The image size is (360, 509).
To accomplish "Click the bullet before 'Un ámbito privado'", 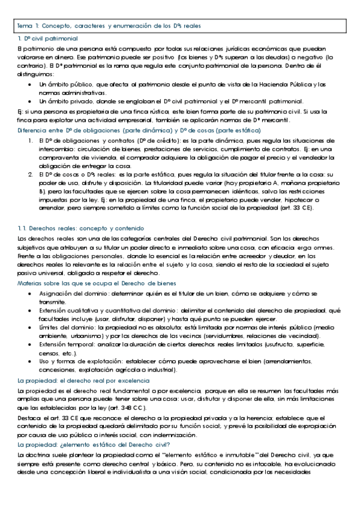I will click(31, 101).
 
